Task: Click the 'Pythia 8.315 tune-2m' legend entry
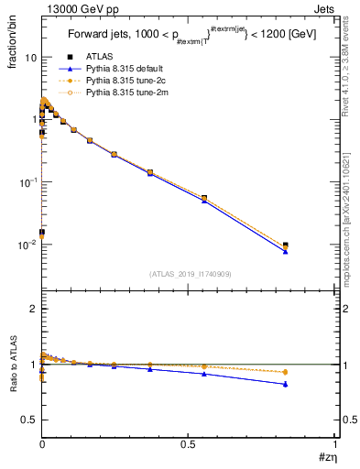tap(123, 92)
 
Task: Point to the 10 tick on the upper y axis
tap(30, 57)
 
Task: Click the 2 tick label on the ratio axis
tap(33, 309)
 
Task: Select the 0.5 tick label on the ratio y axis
tap(29, 420)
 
